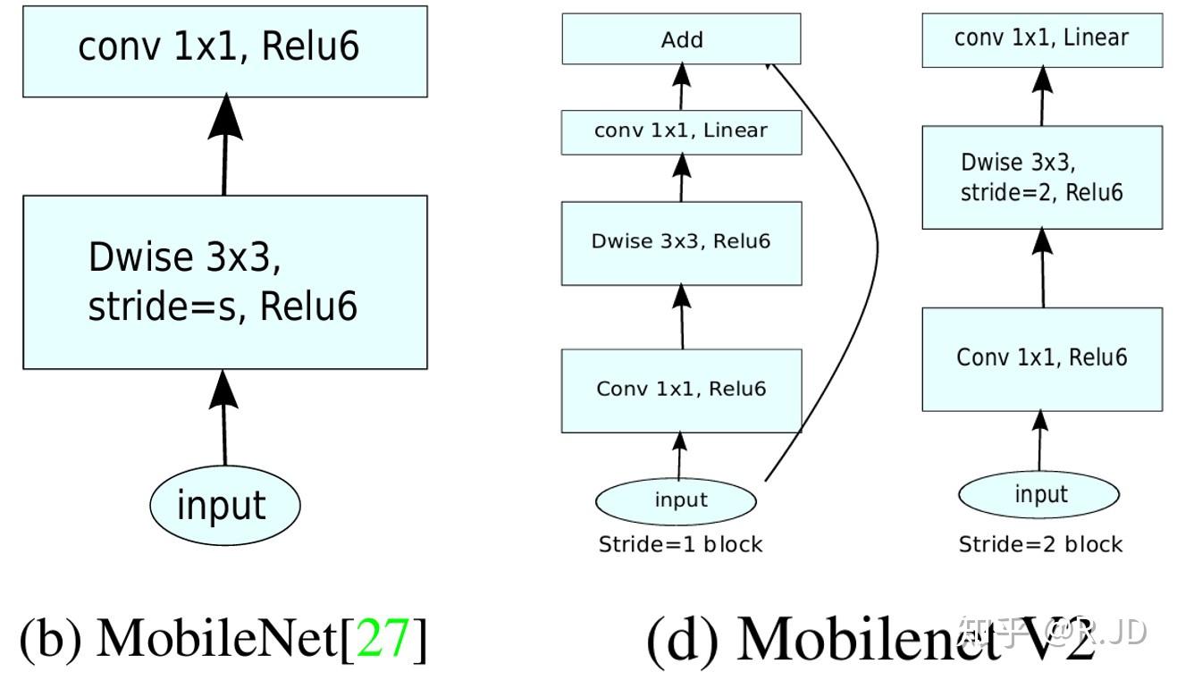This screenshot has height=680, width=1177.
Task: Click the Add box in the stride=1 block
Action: coord(681,39)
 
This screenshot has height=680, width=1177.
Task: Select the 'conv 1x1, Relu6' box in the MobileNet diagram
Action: coord(224,51)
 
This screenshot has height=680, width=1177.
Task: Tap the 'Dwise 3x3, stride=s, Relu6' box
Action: coord(224,281)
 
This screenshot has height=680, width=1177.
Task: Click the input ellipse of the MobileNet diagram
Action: coord(224,505)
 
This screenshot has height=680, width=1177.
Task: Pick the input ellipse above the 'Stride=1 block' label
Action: coord(681,500)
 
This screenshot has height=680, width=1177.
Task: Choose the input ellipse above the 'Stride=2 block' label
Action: coord(1039,494)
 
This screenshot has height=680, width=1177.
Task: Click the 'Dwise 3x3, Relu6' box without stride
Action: coord(681,243)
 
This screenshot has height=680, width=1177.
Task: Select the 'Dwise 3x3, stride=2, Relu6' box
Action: coord(1042,177)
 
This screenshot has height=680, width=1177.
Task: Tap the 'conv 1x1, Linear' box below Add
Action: coord(681,131)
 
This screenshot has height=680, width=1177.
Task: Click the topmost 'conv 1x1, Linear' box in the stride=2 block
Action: coord(1042,39)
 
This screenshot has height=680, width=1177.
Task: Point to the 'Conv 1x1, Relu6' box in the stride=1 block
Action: coord(681,390)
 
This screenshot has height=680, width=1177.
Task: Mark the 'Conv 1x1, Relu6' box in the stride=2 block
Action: coord(1042,359)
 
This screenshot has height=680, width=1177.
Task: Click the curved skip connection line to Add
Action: coord(876,250)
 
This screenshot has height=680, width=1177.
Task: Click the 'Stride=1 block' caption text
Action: coord(681,544)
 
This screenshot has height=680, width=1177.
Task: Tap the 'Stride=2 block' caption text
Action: coord(1040,544)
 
